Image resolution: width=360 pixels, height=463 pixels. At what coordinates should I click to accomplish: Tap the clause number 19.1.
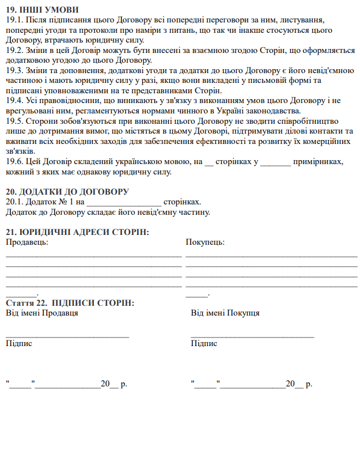(x=14, y=20)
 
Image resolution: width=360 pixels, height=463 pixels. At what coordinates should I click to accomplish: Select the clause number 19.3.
(x=14, y=70)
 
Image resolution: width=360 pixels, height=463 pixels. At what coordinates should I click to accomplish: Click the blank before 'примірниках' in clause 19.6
(x=275, y=162)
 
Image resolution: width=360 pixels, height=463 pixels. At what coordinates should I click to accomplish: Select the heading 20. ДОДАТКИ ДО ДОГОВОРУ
(x=67, y=192)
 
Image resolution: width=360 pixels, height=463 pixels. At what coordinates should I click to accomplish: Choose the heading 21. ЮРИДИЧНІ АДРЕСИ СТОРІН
(x=77, y=232)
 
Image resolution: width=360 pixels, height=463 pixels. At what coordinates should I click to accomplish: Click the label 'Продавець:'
(x=27, y=242)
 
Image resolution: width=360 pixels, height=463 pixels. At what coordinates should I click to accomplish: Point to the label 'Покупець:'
(x=205, y=242)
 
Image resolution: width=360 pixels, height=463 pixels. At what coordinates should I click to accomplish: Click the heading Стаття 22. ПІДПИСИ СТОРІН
(x=70, y=303)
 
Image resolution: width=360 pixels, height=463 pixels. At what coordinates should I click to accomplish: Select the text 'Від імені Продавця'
(x=42, y=313)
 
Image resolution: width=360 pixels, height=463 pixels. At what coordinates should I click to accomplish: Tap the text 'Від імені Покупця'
(x=225, y=313)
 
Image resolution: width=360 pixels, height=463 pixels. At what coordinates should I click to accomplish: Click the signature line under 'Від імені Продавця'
(x=67, y=335)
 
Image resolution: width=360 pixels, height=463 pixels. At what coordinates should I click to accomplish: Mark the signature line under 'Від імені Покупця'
(x=252, y=335)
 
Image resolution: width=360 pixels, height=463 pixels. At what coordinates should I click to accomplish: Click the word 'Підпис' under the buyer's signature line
(x=204, y=343)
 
